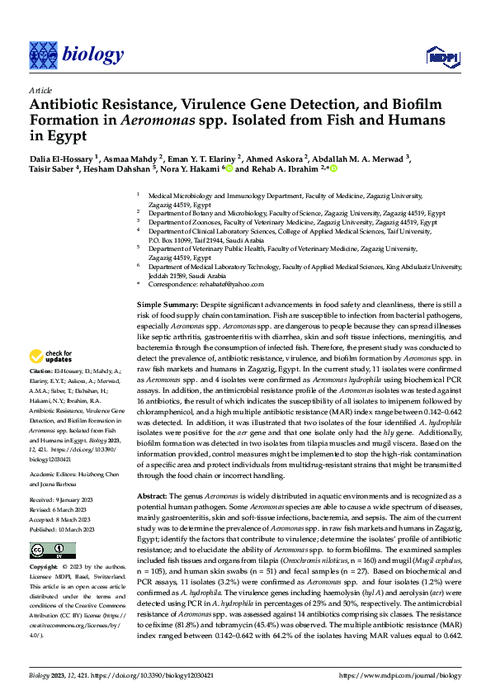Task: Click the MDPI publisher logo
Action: pyautogui.click(x=440, y=56)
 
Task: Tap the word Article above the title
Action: pyautogui.click(x=40, y=89)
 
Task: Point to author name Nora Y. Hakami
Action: pyautogui.click(x=191, y=169)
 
